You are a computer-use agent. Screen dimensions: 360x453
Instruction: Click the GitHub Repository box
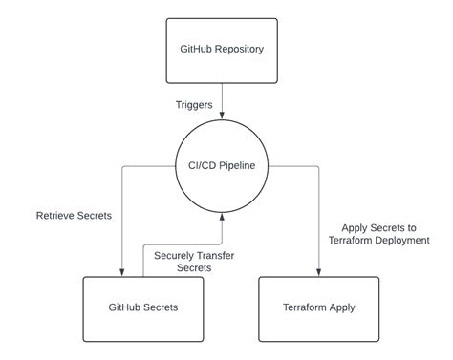(x=222, y=49)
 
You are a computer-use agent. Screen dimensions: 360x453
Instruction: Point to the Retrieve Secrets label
(x=74, y=216)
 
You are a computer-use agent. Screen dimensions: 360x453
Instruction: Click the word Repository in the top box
(x=240, y=49)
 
